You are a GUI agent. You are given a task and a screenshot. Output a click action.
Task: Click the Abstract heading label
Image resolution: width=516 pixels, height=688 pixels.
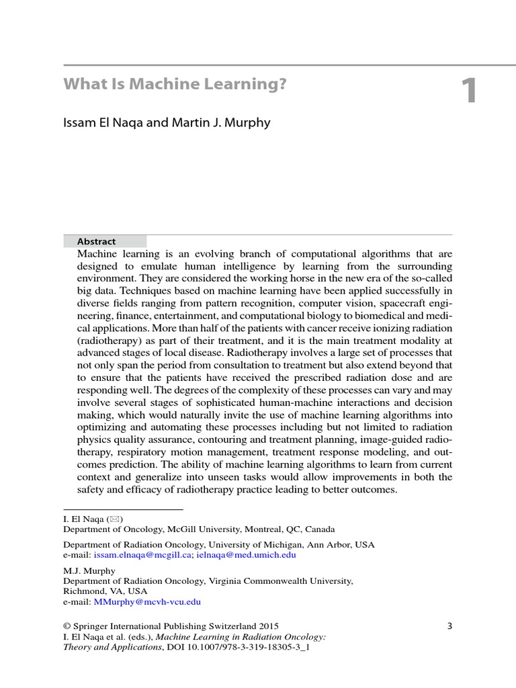click(x=96, y=241)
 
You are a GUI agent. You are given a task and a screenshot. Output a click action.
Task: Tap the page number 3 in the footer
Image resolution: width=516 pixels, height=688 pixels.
click(x=450, y=626)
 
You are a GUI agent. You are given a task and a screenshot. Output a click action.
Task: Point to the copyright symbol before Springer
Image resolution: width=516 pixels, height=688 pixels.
click(x=67, y=626)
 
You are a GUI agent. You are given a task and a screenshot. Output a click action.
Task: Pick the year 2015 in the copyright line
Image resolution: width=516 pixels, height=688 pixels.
click(x=268, y=626)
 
